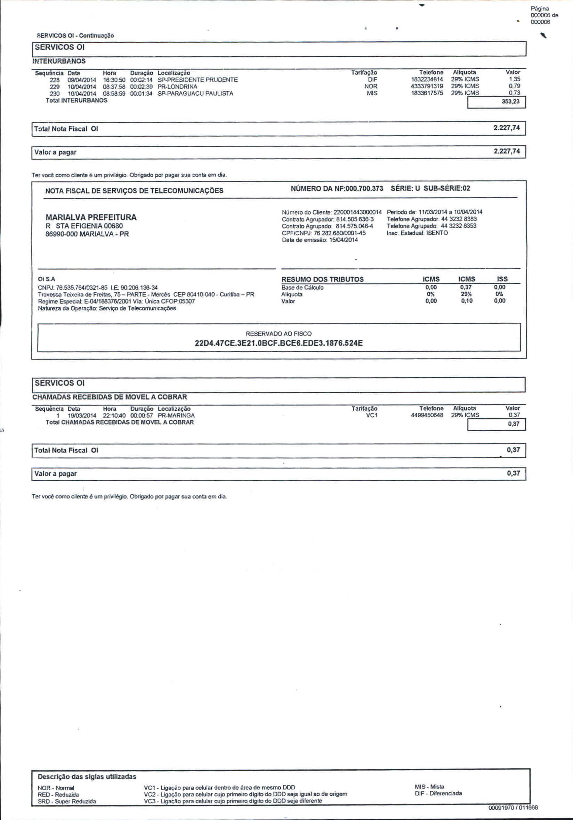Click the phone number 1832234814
(427, 79)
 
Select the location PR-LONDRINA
(177, 87)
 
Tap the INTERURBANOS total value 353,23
(510, 102)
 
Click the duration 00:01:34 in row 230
(142, 93)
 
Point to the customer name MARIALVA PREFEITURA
(91, 217)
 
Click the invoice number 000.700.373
(364, 188)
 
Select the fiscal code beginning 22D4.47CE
(279, 343)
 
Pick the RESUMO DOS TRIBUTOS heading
(322, 279)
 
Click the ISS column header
(502, 279)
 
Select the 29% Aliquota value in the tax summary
(466, 294)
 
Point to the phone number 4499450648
(427, 415)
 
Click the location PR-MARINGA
(176, 415)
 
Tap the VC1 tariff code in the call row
(372, 415)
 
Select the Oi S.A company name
(46, 279)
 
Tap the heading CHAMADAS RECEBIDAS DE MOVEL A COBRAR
(110, 397)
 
